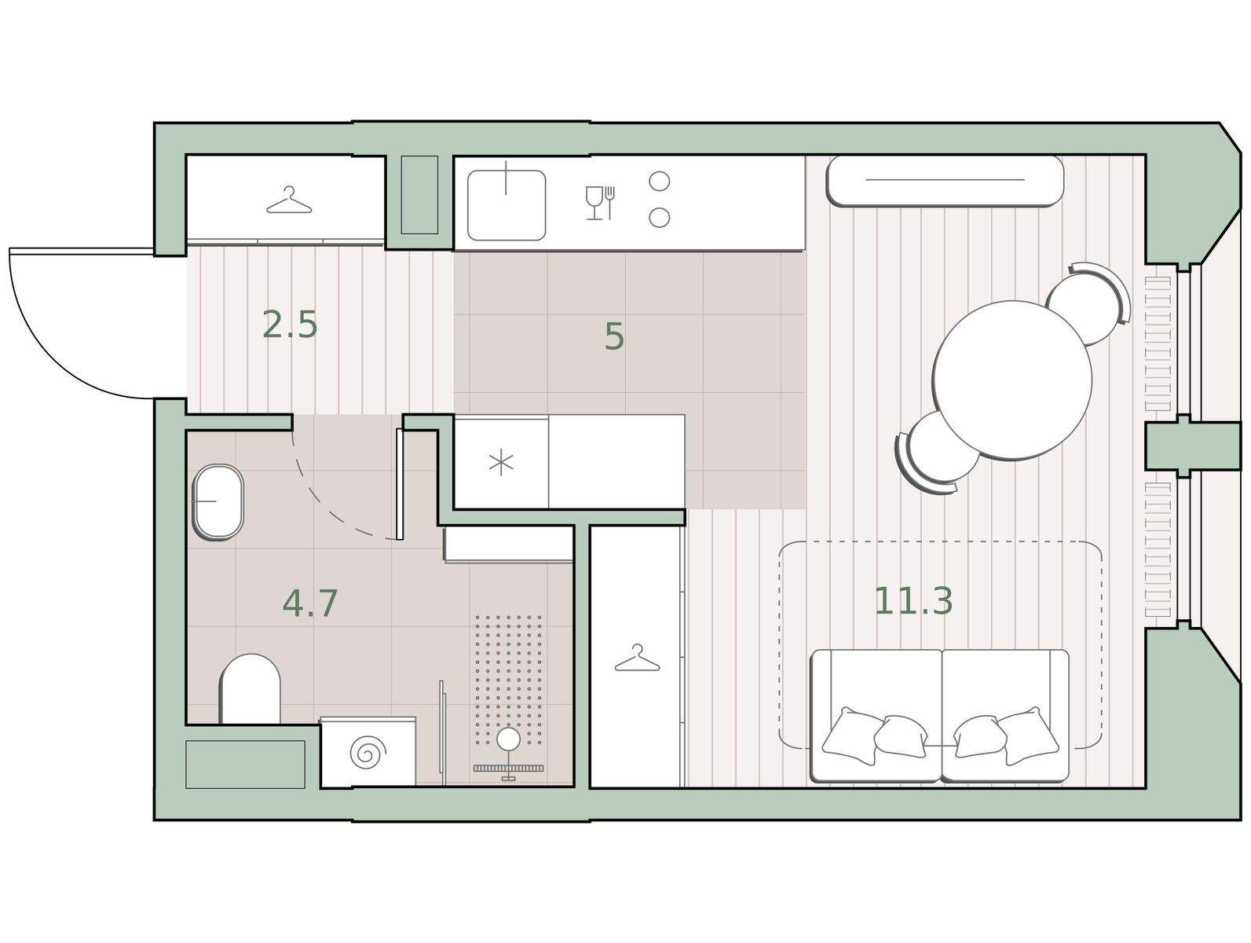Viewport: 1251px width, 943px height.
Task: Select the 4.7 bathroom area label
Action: pyautogui.click(x=309, y=604)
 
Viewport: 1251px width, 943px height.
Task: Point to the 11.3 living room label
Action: pyautogui.click(x=913, y=601)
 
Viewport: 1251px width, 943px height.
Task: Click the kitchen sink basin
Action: pyautogui.click(x=506, y=205)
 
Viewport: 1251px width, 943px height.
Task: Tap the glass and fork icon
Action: pyautogui.click(x=600, y=203)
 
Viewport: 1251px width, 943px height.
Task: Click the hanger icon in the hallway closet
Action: pyautogui.click(x=290, y=200)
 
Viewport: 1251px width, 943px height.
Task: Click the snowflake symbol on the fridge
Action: pyautogui.click(x=501, y=462)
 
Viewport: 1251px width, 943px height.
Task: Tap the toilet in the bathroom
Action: pyautogui.click(x=250, y=688)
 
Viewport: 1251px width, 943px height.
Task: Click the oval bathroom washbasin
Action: pyautogui.click(x=218, y=501)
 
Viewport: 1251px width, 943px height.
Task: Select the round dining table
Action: pyautogui.click(x=1012, y=380)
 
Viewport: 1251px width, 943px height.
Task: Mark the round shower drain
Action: pyautogui.click(x=508, y=739)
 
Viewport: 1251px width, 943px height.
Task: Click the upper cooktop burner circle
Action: pyautogui.click(x=660, y=182)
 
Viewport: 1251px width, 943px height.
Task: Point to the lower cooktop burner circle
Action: pyautogui.click(x=660, y=217)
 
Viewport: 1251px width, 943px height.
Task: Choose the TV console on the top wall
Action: pyautogui.click(x=945, y=180)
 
